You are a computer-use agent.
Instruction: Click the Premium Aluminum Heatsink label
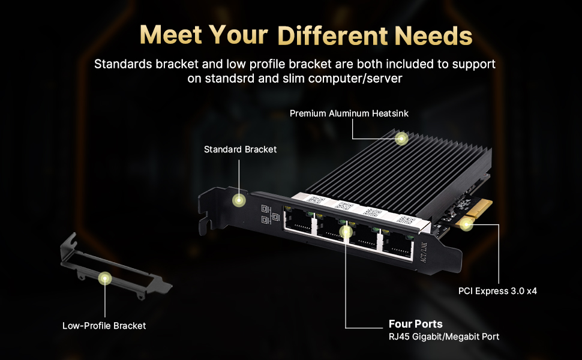(349, 113)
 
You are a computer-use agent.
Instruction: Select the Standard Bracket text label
(240, 149)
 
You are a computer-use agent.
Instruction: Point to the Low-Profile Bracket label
(104, 326)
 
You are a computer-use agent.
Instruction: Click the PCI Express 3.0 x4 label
(497, 292)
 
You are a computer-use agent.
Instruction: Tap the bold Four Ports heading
(416, 324)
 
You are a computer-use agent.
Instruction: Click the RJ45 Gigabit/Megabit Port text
(444, 337)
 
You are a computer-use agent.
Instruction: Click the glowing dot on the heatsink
(401, 139)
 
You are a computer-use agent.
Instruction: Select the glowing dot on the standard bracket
(239, 200)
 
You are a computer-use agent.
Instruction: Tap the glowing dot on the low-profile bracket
(106, 278)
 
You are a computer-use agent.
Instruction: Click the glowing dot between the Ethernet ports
(346, 231)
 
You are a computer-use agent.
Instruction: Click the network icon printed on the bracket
(266, 215)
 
